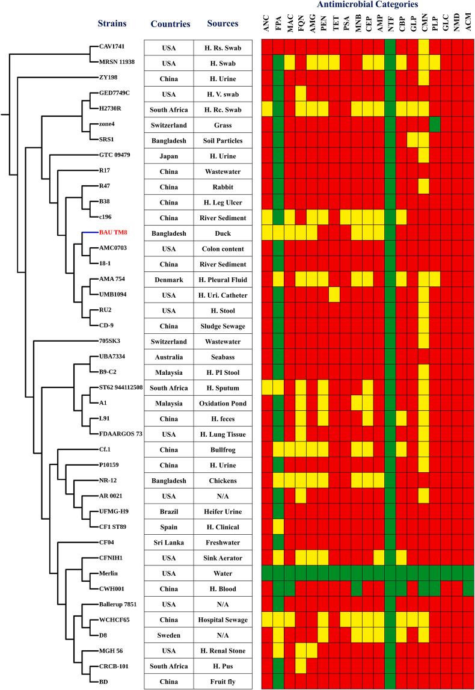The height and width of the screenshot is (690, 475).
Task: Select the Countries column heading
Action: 171,25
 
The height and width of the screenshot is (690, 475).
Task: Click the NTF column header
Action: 391,24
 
